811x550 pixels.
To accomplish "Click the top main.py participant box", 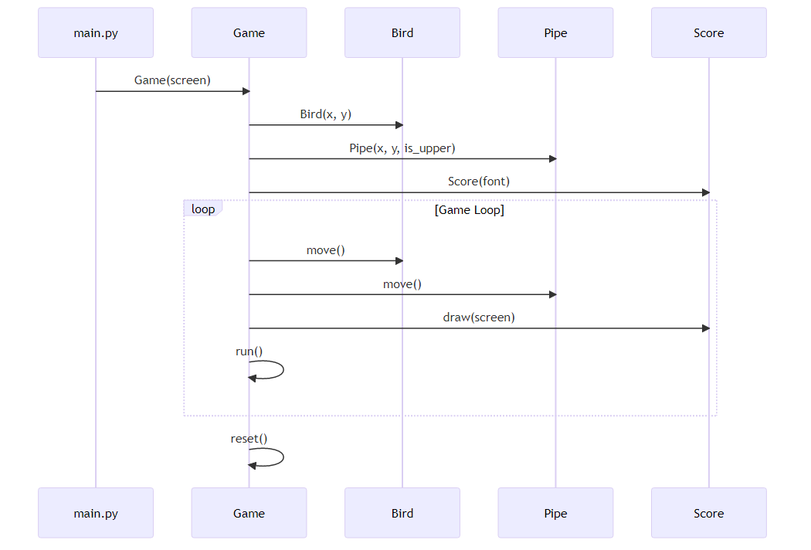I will [x=96, y=33].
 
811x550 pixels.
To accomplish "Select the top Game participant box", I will [x=249, y=33].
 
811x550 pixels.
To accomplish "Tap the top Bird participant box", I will [x=402, y=33].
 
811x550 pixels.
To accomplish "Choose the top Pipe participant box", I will [x=555, y=33].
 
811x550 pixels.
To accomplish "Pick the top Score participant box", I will [x=708, y=33].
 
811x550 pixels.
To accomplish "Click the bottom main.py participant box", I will [x=96, y=513].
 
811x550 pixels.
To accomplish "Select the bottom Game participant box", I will [x=249, y=513].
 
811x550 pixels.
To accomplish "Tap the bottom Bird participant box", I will [x=402, y=513].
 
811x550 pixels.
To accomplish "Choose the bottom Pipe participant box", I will [x=555, y=513].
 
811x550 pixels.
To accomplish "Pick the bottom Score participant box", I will [x=708, y=513].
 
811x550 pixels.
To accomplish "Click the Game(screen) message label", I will [x=172, y=80].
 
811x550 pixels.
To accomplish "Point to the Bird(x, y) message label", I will [x=325, y=114].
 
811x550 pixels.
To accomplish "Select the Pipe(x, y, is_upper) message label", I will [x=402, y=148].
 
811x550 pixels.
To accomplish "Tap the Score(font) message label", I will [x=479, y=182].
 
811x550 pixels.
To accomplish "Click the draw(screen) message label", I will [x=479, y=317].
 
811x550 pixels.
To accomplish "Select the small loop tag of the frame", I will [x=203, y=209].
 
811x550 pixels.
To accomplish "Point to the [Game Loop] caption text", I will [x=470, y=210].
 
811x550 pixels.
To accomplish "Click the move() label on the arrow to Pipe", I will [x=402, y=284].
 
